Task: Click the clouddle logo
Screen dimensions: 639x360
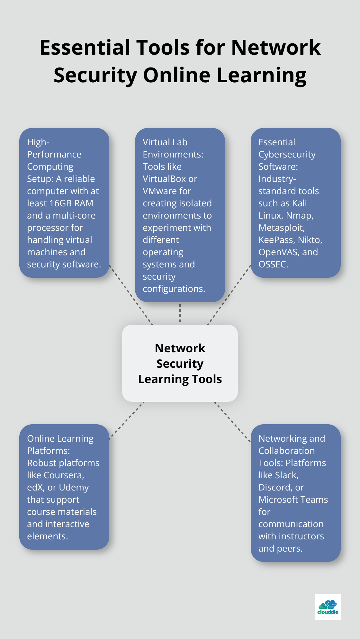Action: tap(328, 607)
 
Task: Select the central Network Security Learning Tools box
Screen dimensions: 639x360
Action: tap(180, 363)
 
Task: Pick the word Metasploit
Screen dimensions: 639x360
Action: tap(281, 228)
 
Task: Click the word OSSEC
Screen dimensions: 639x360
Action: tap(273, 264)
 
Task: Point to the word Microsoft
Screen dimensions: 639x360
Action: tap(279, 500)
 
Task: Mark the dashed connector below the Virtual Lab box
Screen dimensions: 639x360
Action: tap(180, 313)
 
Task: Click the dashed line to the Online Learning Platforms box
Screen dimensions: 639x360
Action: tap(127, 419)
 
